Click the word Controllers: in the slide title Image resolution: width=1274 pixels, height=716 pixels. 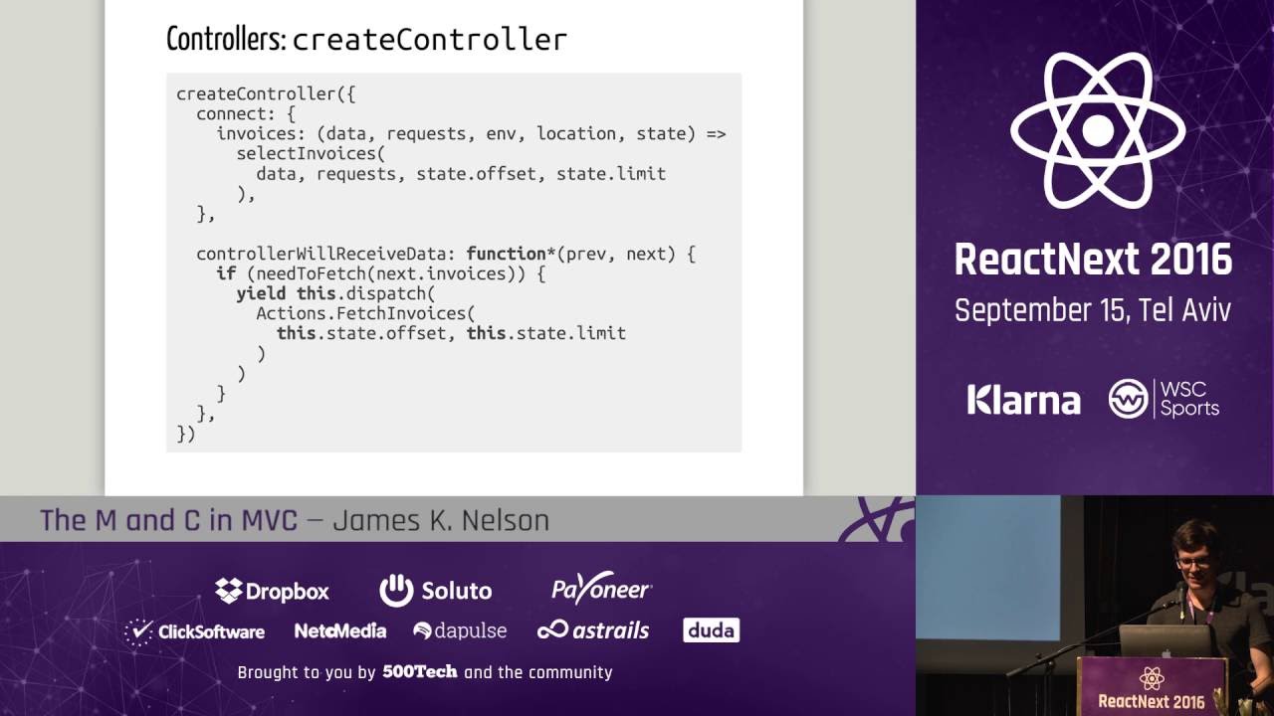point(226,39)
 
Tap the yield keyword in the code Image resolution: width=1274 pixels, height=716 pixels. point(262,293)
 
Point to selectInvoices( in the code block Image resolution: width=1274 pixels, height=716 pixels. point(310,153)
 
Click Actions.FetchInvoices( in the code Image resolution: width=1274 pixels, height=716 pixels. point(365,313)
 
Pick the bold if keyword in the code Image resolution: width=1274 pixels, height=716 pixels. point(226,273)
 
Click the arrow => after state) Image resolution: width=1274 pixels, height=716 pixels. point(716,133)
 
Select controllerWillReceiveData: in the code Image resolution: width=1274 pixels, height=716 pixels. point(325,254)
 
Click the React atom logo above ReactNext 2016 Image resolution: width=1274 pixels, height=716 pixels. point(1097,130)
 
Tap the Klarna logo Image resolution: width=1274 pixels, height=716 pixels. point(1023,400)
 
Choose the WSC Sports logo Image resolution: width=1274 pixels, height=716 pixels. point(1164,398)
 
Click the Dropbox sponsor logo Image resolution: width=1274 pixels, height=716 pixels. point(272,591)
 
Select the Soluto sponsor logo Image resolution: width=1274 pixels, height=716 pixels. point(436,591)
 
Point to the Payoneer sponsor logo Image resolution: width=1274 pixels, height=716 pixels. point(601,590)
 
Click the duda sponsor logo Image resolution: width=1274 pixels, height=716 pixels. point(711,630)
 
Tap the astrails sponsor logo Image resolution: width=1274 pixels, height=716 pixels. point(593,630)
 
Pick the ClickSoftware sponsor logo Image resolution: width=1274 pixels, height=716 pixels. point(195,631)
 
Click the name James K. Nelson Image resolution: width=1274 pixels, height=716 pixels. point(440,520)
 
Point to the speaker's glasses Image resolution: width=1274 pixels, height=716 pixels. point(1192,563)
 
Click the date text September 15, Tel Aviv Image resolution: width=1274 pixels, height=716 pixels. point(1092,310)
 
